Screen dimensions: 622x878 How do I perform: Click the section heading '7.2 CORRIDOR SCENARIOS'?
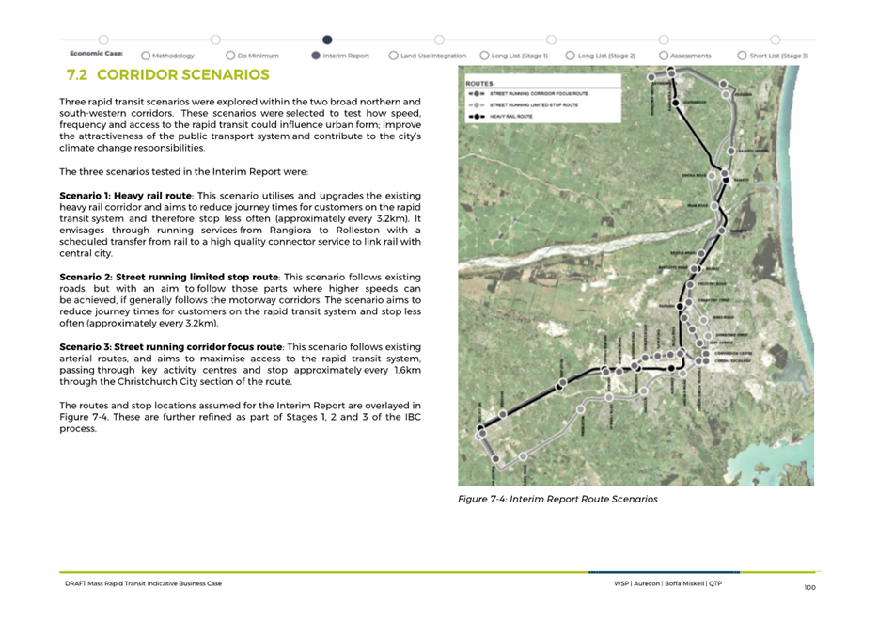(167, 75)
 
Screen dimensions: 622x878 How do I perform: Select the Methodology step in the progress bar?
(173, 56)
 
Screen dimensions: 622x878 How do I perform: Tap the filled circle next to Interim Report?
(315, 56)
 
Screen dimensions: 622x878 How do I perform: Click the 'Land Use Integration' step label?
(432, 56)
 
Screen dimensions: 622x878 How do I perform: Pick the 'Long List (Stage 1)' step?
(519, 56)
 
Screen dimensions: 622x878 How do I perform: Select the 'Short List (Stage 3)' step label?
(778, 56)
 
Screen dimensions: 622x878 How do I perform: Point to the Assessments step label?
(690, 56)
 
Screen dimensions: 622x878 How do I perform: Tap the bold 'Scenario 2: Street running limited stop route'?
(168, 277)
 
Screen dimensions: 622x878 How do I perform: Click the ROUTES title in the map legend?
(479, 83)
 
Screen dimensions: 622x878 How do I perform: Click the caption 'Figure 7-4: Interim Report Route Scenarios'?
(557, 499)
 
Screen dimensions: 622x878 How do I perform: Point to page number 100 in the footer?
(808, 587)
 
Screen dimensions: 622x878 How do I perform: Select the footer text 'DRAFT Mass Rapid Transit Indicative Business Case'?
(136, 583)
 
